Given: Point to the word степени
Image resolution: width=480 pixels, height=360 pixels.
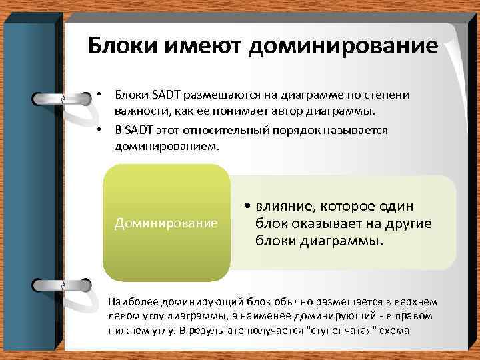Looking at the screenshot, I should point(391,95).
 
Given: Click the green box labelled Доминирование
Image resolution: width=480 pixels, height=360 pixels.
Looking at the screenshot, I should point(166,222).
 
